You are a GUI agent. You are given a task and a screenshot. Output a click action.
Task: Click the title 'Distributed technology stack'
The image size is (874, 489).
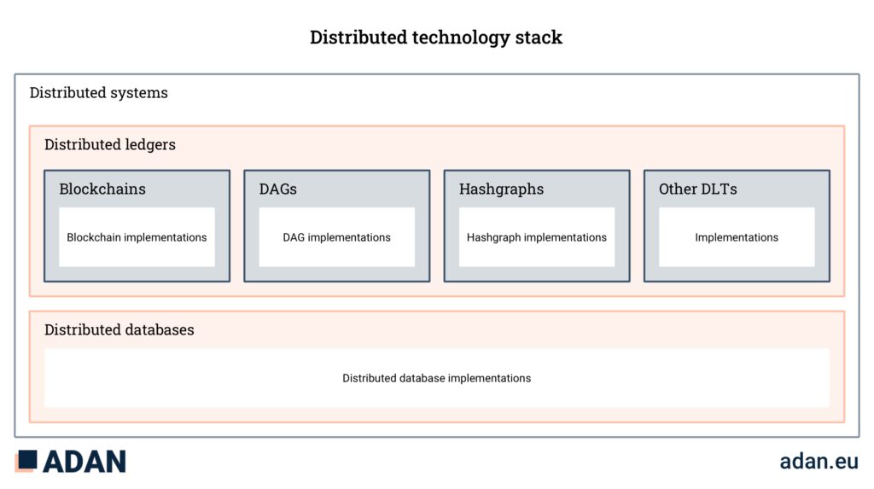point(436,38)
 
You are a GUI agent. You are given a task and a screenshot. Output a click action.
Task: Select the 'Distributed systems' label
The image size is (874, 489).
point(99,92)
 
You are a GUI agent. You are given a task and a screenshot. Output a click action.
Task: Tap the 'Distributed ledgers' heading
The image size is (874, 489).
point(110,144)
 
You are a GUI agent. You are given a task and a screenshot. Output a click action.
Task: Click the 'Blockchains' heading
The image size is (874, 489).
point(102,189)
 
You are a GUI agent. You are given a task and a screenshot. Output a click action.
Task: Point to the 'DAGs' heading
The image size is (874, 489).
point(278,189)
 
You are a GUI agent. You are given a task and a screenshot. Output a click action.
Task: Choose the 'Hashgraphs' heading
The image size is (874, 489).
point(502,189)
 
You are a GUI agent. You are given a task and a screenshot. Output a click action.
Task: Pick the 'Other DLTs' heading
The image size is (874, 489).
point(698,189)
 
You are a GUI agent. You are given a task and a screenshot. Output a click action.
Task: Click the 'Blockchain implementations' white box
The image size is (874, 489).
point(137,237)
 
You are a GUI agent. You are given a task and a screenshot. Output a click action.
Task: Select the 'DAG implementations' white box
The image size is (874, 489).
point(336,237)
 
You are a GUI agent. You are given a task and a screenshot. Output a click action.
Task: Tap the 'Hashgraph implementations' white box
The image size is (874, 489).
point(537,237)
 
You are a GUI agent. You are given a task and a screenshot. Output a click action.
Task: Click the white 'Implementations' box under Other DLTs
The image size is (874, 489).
point(737,237)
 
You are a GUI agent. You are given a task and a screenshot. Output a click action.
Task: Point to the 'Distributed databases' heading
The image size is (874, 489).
point(119,329)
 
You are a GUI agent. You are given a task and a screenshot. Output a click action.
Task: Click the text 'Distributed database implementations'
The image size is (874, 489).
point(436,378)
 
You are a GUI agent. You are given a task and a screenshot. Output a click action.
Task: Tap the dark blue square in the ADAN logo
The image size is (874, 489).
point(27,459)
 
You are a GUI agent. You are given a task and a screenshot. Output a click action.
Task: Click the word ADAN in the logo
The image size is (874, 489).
point(84,462)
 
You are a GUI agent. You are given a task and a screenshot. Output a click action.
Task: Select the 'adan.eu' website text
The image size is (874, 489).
point(819,461)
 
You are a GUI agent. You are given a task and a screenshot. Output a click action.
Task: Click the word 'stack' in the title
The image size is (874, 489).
point(539,38)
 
